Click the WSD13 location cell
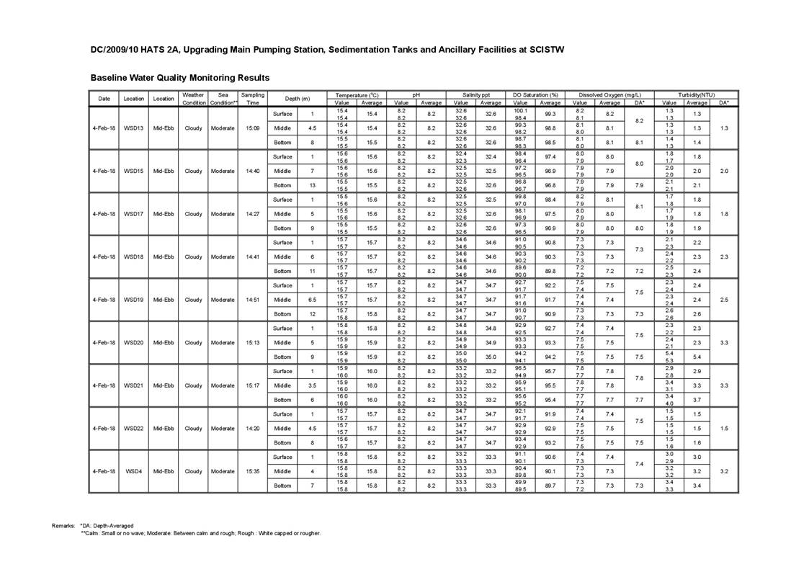[x=133, y=128]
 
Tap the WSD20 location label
[x=133, y=342]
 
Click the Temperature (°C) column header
[x=358, y=95]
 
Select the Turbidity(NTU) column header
[x=696, y=95]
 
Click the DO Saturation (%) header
[x=535, y=95]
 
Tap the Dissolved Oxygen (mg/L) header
[x=609, y=95]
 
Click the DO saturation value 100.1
[x=521, y=111]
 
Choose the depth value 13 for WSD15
[x=312, y=185]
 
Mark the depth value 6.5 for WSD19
[x=312, y=300]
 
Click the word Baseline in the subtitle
[x=110, y=77]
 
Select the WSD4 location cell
[x=133, y=471]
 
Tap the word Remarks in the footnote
[x=63, y=526]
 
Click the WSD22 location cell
[x=133, y=428]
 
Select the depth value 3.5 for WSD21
[x=312, y=385]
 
